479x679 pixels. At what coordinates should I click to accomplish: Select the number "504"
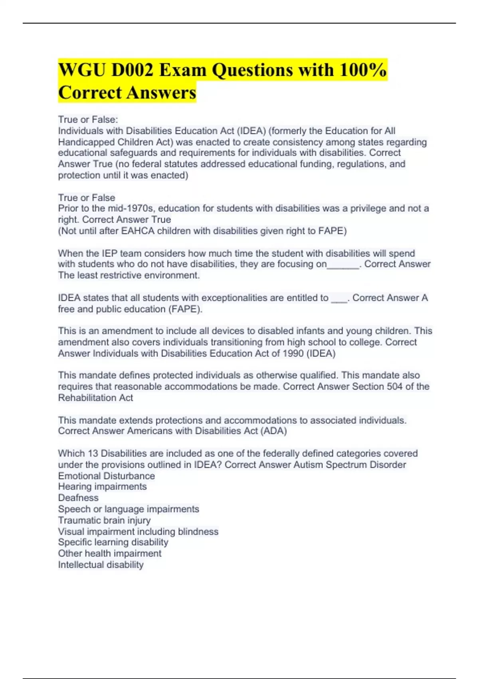pos(394,387)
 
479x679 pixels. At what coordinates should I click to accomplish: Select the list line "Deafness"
pos(78,498)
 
